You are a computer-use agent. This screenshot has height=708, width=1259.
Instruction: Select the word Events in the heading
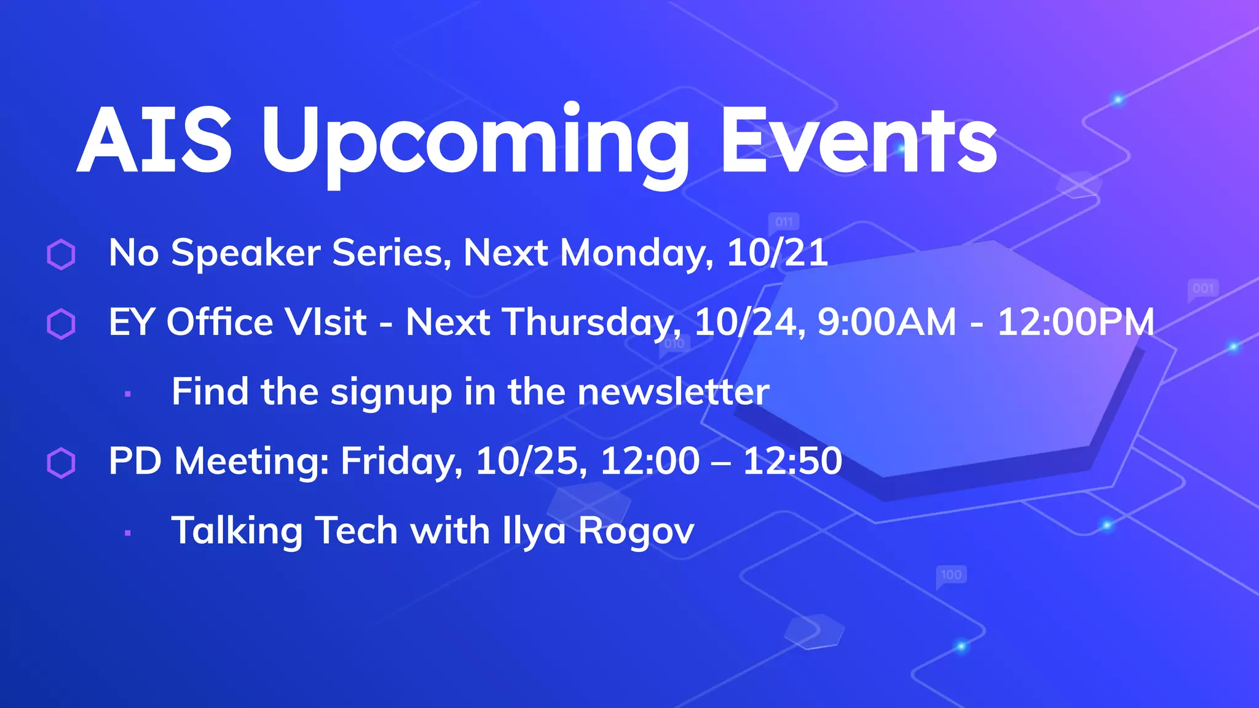(x=858, y=141)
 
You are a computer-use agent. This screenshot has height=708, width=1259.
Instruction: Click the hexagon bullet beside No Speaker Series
(x=61, y=254)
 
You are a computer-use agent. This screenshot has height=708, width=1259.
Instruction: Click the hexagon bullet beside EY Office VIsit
(x=61, y=324)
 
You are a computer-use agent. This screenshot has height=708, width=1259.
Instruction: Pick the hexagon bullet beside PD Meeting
(x=61, y=463)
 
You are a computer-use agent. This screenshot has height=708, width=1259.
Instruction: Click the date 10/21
(x=777, y=253)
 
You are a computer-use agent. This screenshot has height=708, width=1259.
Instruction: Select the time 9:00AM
(x=886, y=322)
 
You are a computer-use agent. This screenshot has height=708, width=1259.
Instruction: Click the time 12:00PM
(x=1076, y=322)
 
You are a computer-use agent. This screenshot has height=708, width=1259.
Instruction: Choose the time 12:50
(x=792, y=461)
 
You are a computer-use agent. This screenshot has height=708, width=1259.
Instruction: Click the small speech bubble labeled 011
(x=784, y=222)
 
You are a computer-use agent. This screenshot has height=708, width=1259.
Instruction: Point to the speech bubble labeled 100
(x=951, y=575)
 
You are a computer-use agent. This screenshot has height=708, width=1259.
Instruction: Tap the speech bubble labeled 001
(x=1203, y=289)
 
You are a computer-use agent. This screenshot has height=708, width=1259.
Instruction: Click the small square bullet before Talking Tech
(x=128, y=533)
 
